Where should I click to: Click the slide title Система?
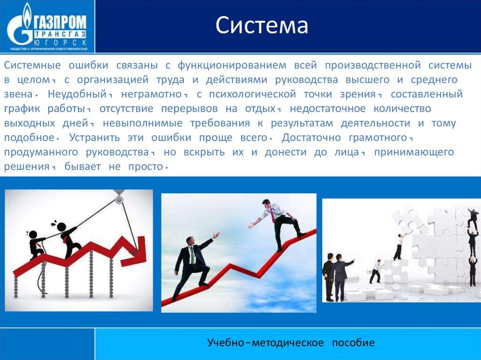click(262, 25)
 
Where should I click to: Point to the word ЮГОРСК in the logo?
click(60, 42)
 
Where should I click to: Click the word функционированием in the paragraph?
click(232, 65)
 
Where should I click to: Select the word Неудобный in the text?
click(78, 94)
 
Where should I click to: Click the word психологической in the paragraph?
click(252, 94)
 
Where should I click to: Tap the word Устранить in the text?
click(94, 138)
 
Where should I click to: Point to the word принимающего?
click(414, 153)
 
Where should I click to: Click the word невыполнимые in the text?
click(143, 123)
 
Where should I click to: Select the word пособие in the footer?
click(353, 343)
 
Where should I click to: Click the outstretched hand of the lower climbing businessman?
click(217, 235)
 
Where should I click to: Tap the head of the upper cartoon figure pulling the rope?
click(61, 227)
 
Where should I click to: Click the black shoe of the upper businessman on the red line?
click(301, 235)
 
